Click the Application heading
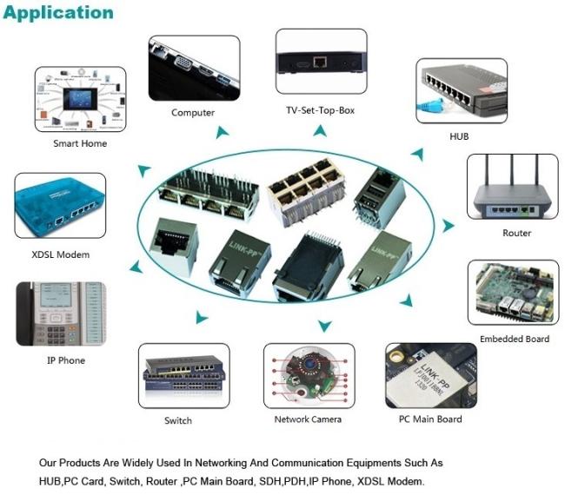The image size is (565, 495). pos(58,12)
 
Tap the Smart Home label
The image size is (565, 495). pos(80,143)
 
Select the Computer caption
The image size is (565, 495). pos(193,113)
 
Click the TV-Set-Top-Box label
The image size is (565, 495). pos(320,110)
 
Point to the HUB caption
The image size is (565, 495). pos(459,137)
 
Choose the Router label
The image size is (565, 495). pos(516,233)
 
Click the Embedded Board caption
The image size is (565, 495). pos(515,339)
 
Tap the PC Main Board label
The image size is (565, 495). pos(431,419)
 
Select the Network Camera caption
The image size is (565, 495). pos(309,419)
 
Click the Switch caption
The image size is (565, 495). pos(178,421)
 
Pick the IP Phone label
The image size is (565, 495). pos(66,360)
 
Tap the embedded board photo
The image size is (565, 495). pos(513,294)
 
